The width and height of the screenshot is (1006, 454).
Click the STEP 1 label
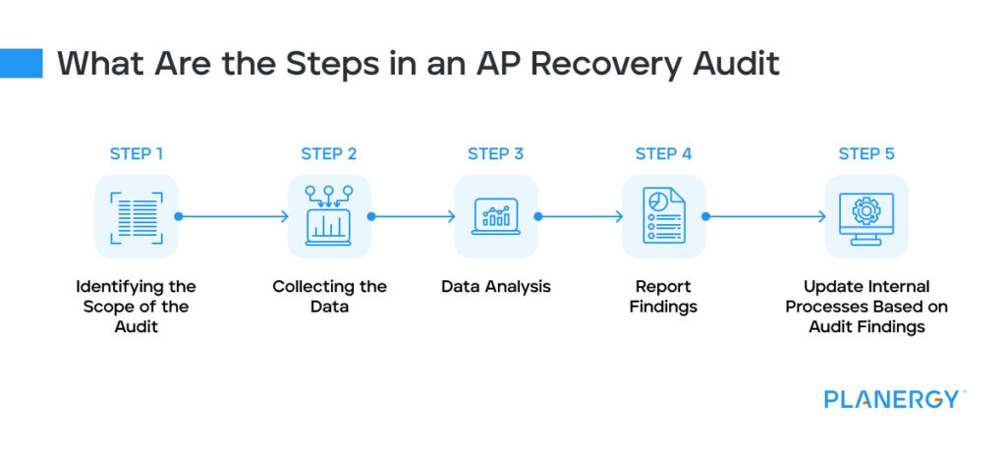tap(137, 154)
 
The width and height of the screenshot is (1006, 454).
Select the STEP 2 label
tap(329, 154)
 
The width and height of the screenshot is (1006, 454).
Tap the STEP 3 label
tap(496, 154)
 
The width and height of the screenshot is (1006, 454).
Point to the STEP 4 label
tap(664, 154)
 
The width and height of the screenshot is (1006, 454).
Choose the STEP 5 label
tap(866, 154)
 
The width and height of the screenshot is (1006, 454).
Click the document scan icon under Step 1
tap(137, 216)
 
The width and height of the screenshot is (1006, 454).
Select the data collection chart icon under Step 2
tap(329, 216)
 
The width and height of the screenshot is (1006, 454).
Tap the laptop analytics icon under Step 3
tap(496, 216)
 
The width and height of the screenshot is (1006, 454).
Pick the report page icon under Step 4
tap(664, 216)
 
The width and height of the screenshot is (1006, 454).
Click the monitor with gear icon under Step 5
tap(866, 216)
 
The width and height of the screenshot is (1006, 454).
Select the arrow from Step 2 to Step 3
tap(413, 216)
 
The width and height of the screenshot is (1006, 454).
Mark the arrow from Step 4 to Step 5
tap(765, 216)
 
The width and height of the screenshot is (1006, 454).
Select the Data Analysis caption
tap(496, 287)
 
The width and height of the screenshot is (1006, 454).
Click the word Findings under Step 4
tap(664, 307)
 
